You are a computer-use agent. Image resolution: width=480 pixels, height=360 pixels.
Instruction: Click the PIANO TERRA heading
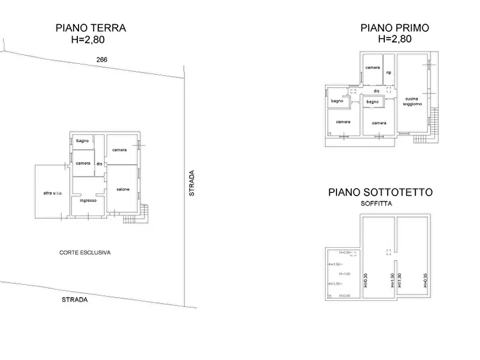click(x=90, y=28)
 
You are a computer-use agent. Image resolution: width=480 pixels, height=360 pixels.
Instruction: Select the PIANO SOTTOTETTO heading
click(x=380, y=192)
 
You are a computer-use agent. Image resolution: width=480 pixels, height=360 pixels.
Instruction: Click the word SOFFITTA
click(x=377, y=204)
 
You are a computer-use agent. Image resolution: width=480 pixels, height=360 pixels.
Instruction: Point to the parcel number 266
click(x=101, y=60)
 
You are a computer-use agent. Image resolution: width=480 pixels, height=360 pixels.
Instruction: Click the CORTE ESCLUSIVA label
click(x=85, y=252)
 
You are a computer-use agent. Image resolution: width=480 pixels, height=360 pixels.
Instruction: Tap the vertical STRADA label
click(x=192, y=183)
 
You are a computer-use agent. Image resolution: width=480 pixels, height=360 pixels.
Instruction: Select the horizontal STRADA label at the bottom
click(x=74, y=300)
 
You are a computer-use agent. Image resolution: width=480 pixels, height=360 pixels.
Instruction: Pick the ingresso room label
click(x=88, y=200)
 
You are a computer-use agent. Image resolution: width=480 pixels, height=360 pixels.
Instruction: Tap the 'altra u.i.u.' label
click(x=53, y=193)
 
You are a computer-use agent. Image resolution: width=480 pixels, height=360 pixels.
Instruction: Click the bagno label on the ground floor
click(x=82, y=141)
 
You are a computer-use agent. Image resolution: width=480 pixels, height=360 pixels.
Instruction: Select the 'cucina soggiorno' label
click(x=412, y=101)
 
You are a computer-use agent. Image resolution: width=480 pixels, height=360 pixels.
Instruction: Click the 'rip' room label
click(x=388, y=73)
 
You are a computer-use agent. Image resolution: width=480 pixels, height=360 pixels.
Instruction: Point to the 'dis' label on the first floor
click(x=376, y=91)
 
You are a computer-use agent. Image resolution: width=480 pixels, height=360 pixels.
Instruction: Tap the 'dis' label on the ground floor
click(x=99, y=164)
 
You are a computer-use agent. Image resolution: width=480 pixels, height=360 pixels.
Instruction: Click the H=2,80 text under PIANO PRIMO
click(x=395, y=39)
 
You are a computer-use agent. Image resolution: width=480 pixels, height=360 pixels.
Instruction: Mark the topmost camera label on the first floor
click(x=372, y=68)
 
